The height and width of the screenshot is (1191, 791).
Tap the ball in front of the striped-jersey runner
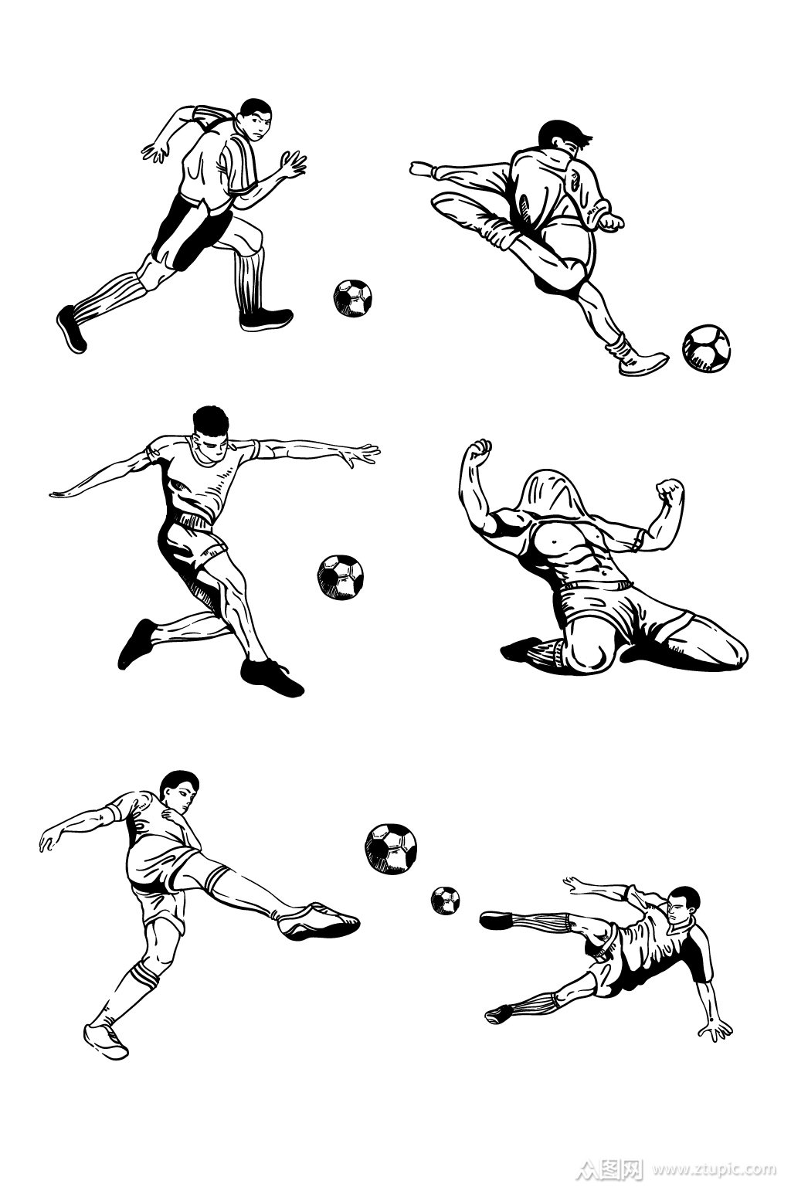tap(352, 298)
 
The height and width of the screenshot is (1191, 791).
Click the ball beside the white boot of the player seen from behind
tap(706, 348)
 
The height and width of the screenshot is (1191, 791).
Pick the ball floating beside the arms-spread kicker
tap(340, 578)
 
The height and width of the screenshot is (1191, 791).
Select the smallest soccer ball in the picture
tap(445, 900)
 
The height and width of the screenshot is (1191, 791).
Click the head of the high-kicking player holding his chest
tap(181, 792)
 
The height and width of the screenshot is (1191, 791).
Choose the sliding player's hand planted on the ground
tap(716, 1030)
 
